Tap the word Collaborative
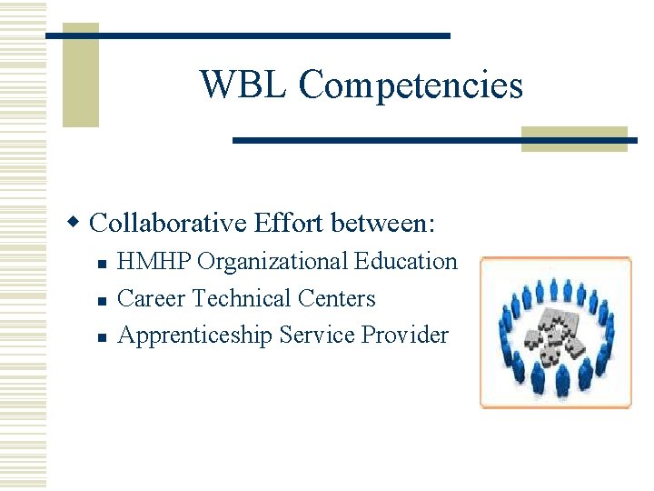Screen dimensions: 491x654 pos(170,222)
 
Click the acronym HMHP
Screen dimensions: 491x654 pos(155,262)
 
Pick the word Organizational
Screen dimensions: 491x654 pos(272,262)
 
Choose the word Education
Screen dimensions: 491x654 pos(406,262)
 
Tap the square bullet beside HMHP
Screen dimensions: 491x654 pos(103,264)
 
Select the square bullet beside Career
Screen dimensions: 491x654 pos(103,300)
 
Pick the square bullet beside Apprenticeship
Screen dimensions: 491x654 pos(103,337)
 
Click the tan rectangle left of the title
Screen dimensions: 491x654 pos(80,75)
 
